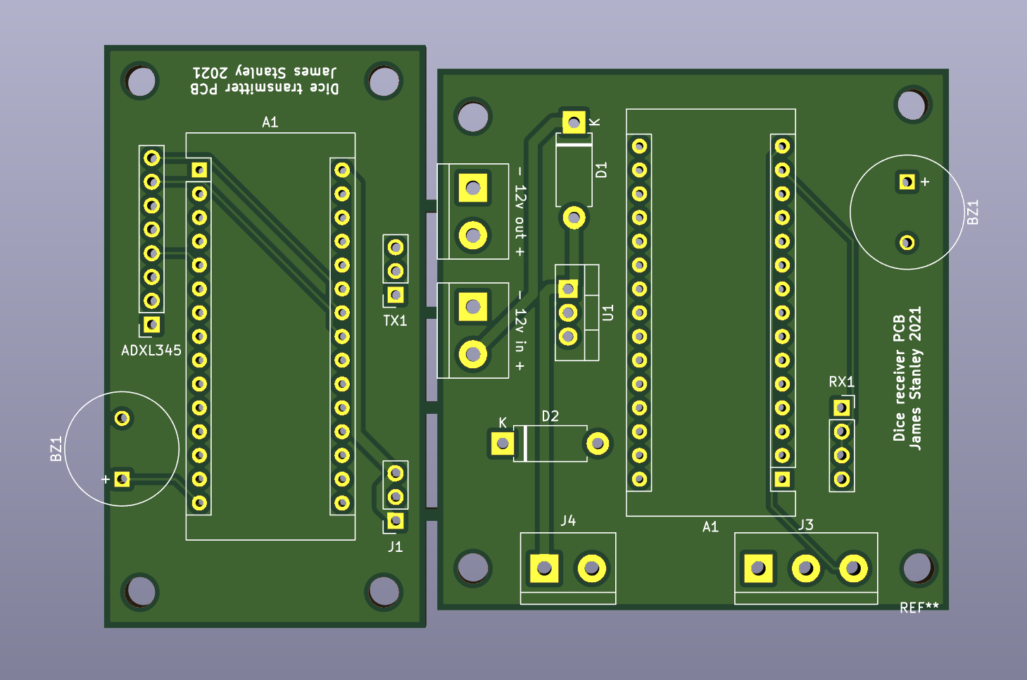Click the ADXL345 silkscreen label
(x=151, y=350)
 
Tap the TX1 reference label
(x=395, y=321)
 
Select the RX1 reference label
(x=841, y=382)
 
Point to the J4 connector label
(x=568, y=520)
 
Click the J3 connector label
(x=806, y=524)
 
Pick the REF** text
(x=919, y=607)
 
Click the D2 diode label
(x=550, y=416)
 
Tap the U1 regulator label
(x=607, y=313)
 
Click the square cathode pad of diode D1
(x=574, y=123)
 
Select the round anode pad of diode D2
(x=598, y=443)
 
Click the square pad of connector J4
(x=544, y=568)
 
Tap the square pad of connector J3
(x=758, y=568)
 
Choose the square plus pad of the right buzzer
(x=907, y=182)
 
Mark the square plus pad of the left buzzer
(x=122, y=479)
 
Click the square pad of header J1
(x=396, y=521)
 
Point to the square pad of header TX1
(x=396, y=295)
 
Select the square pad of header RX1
(x=842, y=408)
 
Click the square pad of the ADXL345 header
(x=152, y=325)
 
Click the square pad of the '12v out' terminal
(x=473, y=188)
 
